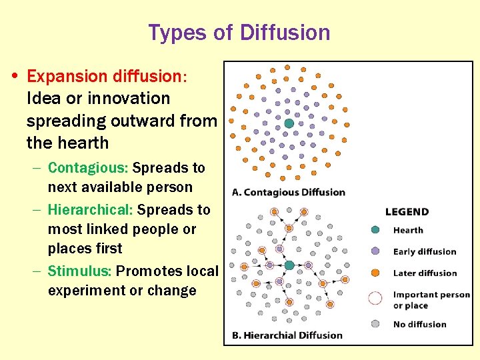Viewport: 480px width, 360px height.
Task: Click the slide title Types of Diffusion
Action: pos(239,32)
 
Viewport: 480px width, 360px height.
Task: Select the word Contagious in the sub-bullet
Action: pos(79,168)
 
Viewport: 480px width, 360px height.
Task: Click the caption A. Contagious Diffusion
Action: pos(288,192)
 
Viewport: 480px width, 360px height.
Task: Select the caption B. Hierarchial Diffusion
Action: pos(287,335)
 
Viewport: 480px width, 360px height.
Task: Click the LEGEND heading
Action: pos(407,212)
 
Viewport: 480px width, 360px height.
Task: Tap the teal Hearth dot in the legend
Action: pos(375,230)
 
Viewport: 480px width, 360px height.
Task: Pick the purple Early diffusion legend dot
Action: pos(375,251)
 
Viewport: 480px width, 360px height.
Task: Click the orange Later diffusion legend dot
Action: pos(375,273)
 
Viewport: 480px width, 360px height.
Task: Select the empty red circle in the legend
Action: pos(375,299)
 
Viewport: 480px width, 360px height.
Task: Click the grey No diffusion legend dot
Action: pos(375,324)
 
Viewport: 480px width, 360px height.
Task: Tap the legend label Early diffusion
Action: pos(425,252)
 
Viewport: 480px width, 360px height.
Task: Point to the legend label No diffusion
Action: pos(419,325)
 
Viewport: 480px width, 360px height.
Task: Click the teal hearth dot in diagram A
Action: pos(289,123)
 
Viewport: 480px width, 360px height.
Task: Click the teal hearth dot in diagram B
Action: pos(289,265)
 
